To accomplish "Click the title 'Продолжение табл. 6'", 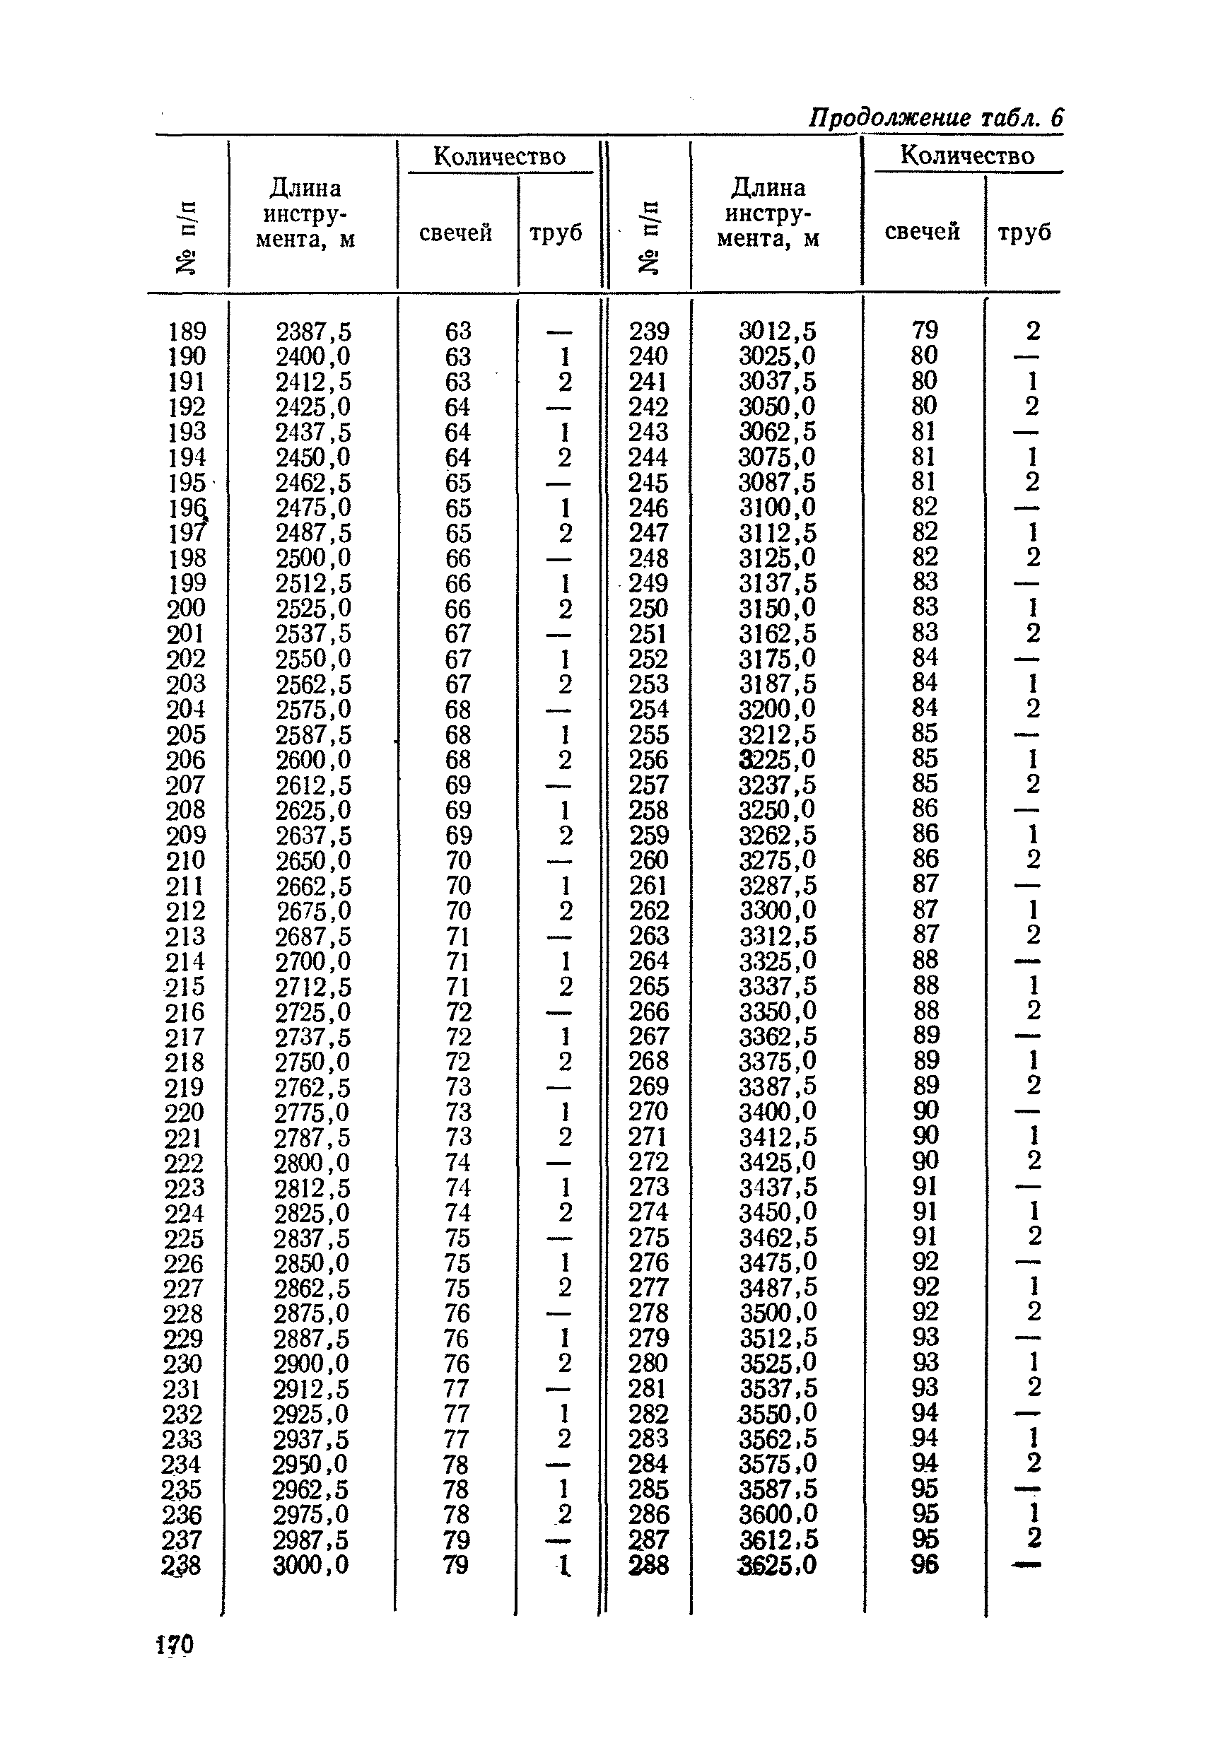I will [x=935, y=117].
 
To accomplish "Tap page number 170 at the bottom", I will [x=175, y=1645].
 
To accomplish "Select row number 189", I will [x=187, y=332].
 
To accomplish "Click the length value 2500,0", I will [x=312, y=558].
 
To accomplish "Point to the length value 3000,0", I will [x=311, y=1565].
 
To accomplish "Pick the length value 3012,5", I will [x=778, y=331].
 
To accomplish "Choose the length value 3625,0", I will [x=778, y=1565].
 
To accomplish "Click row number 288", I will [x=649, y=1565].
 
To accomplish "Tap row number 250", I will [x=649, y=609].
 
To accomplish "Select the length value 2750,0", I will [x=312, y=1062].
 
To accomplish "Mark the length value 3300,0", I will [x=778, y=910].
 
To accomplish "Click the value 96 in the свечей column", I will [x=925, y=1564].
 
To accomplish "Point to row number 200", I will [x=186, y=609].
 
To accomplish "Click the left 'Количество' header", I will [x=499, y=156].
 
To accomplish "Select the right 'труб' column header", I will [x=1024, y=231].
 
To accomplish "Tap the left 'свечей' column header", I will [x=455, y=232].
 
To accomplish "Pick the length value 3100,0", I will [x=778, y=507].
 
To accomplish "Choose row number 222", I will [x=185, y=1163].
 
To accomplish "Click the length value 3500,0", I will [x=778, y=1313].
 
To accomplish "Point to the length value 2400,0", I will [x=312, y=356].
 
